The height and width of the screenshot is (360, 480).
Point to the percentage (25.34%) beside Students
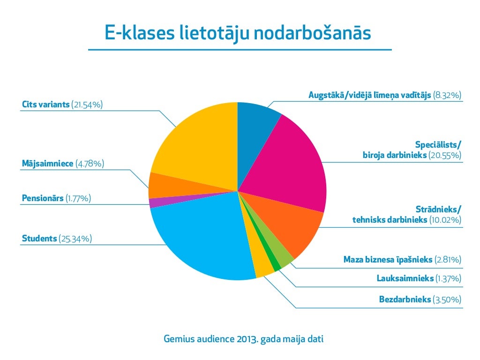(75, 239)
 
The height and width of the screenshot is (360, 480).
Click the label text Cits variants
(46, 105)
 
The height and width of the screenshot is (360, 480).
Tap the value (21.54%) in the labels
(87, 105)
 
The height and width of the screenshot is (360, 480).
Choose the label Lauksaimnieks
(405, 278)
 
